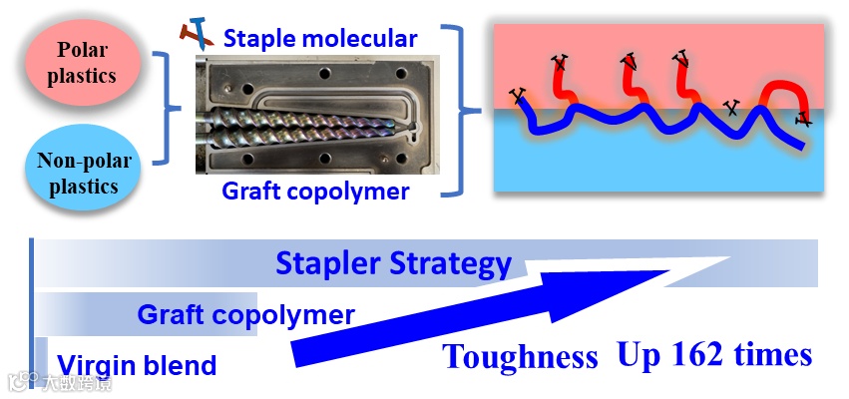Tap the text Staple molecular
point(319,40)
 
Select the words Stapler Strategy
point(393,264)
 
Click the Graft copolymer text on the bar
point(245,315)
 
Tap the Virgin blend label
point(136,365)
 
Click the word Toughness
point(521,356)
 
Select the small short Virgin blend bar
point(42,354)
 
